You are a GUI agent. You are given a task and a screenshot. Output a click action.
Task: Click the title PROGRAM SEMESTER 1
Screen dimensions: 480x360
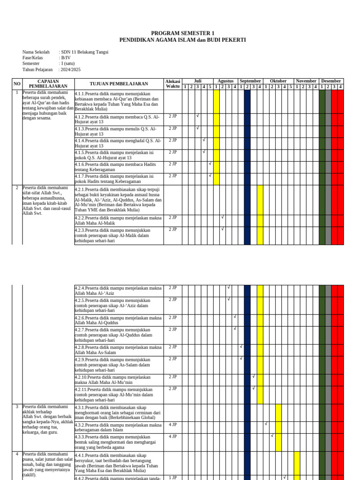(182, 33)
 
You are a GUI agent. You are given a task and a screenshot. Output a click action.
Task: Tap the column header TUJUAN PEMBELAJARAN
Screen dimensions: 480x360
(119, 84)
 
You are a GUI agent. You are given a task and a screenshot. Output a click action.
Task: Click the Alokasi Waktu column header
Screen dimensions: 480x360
(172, 84)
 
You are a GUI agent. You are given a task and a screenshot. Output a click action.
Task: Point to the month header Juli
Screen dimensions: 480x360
(197, 81)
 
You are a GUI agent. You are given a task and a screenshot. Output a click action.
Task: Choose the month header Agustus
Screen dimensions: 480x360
(225, 81)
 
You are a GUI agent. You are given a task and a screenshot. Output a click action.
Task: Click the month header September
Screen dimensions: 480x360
(250, 81)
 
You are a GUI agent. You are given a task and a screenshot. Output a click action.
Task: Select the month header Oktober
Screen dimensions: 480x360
(278, 81)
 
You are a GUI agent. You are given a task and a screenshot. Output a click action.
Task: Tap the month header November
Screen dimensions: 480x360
(306, 81)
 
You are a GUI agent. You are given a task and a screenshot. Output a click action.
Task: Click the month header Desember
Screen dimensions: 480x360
(331, 81)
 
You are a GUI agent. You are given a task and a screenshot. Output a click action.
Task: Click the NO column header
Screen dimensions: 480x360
(17, 84)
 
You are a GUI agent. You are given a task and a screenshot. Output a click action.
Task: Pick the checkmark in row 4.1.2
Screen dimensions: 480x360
(198, 116)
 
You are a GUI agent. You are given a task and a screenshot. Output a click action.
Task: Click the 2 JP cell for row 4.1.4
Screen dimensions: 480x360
(172, 140)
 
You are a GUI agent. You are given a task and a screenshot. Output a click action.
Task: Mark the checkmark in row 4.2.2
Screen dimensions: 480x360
(223, 217)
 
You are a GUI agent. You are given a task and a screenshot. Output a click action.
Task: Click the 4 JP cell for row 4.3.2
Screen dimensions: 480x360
(172, 425)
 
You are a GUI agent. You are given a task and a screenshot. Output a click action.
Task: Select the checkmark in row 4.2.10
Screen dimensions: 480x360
(254, 376)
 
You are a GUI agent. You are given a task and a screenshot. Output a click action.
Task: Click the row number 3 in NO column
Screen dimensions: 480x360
(17, 407)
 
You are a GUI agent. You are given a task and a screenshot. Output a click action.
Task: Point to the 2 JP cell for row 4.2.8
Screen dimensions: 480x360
(172, 347)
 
